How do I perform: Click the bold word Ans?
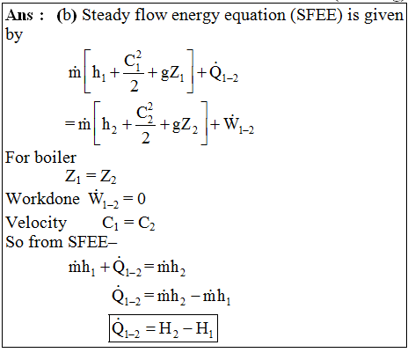coord(19,15)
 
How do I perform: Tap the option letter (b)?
coord(67,15)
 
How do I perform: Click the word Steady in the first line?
coord(106,16)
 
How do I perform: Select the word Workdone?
coord(43,199)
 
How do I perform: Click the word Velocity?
coord(36,224)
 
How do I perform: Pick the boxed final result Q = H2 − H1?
coord(163,328)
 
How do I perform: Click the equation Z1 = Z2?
coord(91,177)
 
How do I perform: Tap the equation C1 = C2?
coord(128,224)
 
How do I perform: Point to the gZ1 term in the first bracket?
coord(172,73)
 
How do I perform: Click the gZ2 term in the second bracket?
coord(185,125)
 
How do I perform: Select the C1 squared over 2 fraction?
coord(134,71)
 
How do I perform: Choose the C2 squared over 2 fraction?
coord(146,123)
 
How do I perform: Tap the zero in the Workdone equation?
coord(142,199)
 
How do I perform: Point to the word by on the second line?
coord(14,35)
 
